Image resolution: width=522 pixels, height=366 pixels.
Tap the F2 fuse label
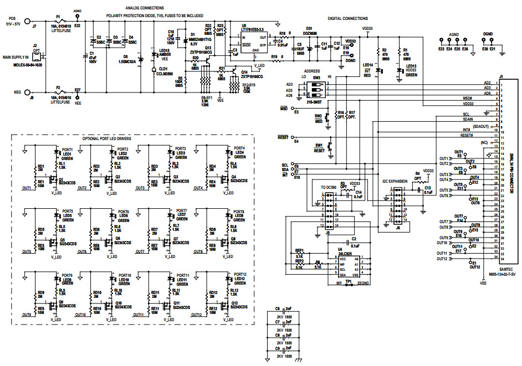(59, 87)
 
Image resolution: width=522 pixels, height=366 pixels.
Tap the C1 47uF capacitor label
(92, 56)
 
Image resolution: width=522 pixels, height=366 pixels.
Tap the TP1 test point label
(349, 281)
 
